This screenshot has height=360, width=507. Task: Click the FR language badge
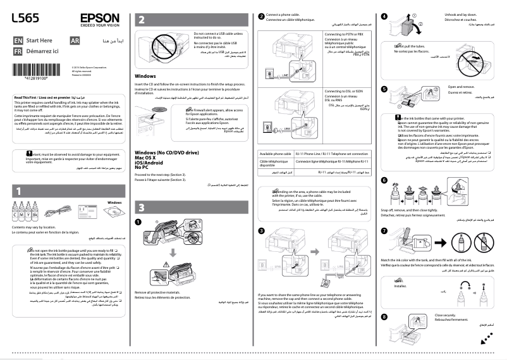[x=18, y=50]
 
